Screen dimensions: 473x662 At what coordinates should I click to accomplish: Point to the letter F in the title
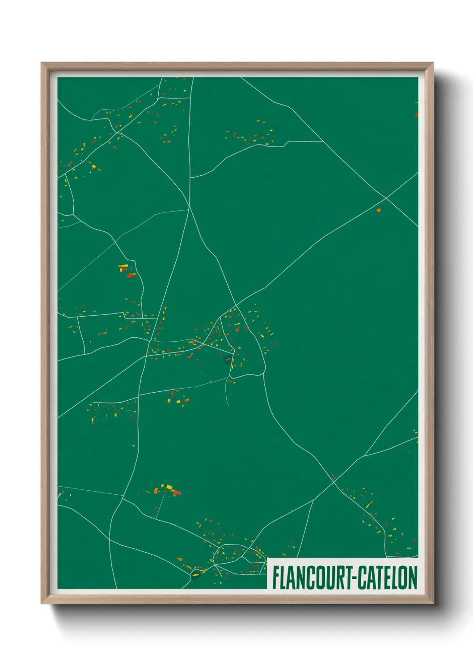[276, 578]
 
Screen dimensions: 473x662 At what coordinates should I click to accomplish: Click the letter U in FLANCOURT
[330, 578]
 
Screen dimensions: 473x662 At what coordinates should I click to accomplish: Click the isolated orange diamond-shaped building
[379, 210]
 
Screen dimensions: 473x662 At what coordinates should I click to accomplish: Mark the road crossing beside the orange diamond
[386, 197]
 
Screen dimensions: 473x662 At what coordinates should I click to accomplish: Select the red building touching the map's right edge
[416, 114]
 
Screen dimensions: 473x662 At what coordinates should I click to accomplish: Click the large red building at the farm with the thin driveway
[177, 492]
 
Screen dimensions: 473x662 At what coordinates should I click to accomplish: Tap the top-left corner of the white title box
[267, 558]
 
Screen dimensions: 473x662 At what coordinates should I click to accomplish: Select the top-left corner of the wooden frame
[42, 63]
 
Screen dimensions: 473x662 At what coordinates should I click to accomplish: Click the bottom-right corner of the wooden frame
[433, 603]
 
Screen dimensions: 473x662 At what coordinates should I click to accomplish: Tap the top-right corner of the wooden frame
[433, 63]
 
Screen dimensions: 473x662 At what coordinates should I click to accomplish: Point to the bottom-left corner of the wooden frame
[42, 603]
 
